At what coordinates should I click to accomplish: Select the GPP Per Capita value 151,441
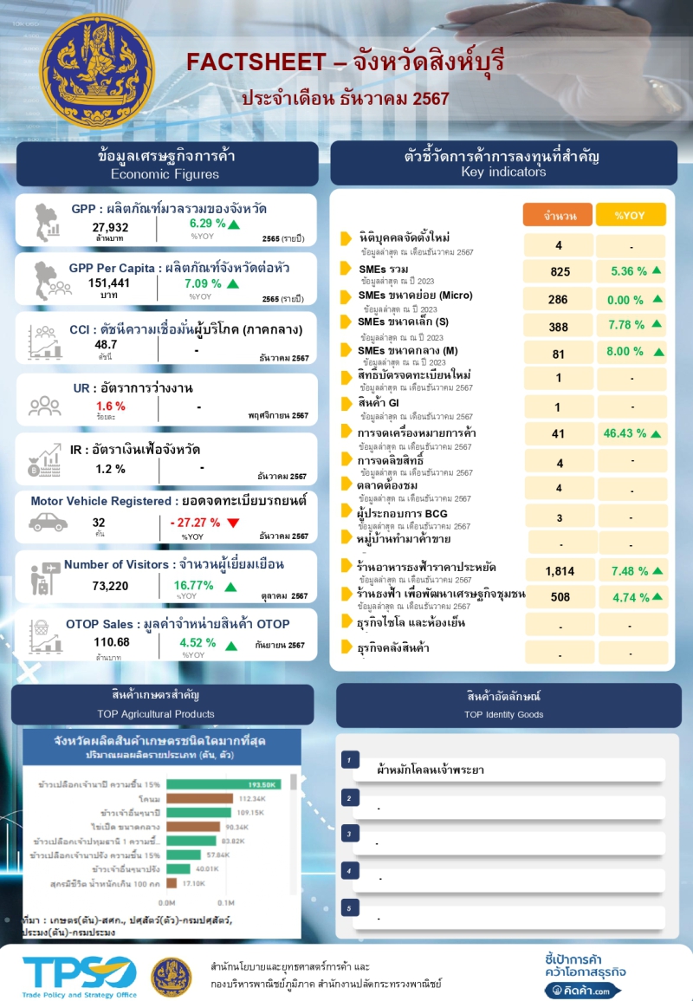(109, 283)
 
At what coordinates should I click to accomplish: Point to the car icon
(49, 522)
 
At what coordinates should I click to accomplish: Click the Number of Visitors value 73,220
(111, 586)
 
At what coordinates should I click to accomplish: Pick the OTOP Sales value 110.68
(112, 642)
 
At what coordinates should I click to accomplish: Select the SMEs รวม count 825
(560, 272)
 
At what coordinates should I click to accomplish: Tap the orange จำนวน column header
(559, 215)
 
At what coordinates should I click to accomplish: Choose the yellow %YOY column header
(630, 215)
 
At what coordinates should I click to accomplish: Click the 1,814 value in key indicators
(560, 571)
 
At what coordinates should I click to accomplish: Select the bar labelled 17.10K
(172, 883)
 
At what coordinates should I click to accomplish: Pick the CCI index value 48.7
(107, 344)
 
